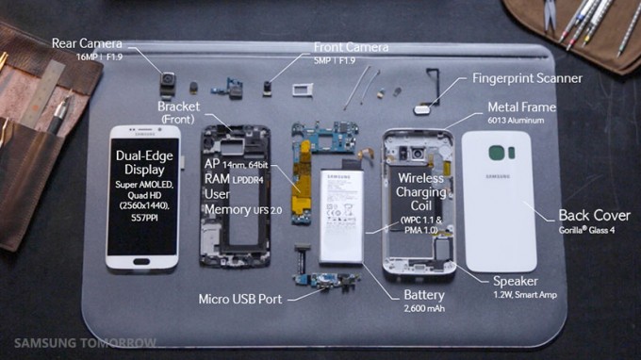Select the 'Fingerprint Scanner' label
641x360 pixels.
527,78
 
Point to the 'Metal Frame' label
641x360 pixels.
521,107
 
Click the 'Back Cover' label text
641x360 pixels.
594,215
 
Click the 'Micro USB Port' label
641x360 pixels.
240,300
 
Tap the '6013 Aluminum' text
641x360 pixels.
520,122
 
